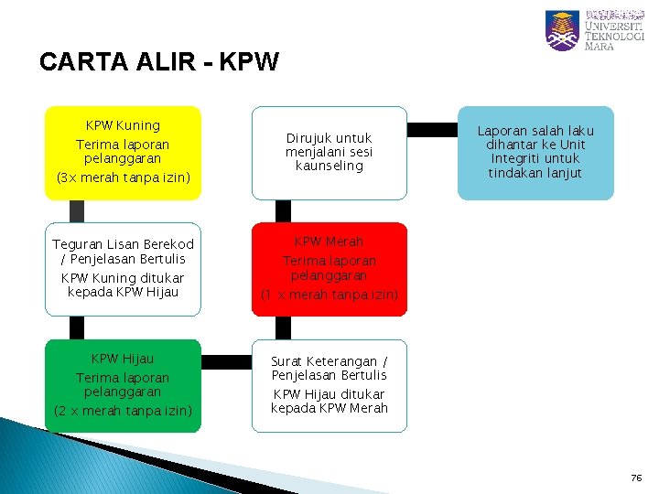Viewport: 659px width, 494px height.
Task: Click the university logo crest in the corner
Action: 561,30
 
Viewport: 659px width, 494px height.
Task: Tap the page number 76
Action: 636,478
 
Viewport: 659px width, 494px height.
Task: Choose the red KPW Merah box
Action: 329,269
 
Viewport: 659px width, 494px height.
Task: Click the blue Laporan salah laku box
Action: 535,152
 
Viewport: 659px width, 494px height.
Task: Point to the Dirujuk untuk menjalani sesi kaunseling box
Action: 329,152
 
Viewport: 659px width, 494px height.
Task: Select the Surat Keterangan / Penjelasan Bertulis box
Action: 329,385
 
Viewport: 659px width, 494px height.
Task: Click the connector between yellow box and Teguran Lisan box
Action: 76,210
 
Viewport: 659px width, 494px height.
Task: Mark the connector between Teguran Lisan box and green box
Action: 76,328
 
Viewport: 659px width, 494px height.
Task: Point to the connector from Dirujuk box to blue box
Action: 432,129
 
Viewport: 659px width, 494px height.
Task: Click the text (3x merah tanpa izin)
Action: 123,177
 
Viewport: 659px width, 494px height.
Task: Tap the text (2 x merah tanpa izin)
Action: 123,411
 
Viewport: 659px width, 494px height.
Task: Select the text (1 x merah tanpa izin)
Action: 329,295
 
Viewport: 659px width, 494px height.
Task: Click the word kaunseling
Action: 329,166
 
